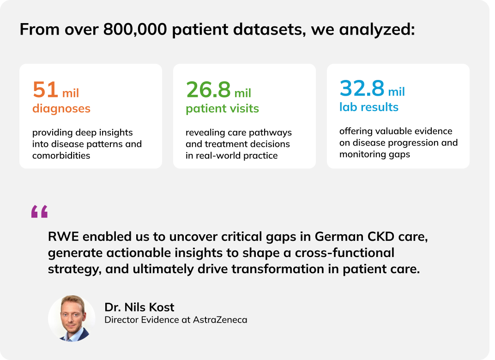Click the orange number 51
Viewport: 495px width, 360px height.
pyautogui.click(x=45, y=90)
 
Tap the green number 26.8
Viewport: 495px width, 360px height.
pyautogui.click(x=208, y=90)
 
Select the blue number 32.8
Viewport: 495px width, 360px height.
pyautogui.click(x=362, y=88)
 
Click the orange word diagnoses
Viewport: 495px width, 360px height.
pyautogui.click(x=61, y=109)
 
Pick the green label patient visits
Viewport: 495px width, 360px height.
pyautogui.click(x=222, y=109)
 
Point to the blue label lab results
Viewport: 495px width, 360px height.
pyautogui.click(x=368, y=107)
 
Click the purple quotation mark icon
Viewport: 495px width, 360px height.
pyautogui.click(x=39, y=212)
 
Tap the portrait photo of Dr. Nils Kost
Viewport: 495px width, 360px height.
pyautogui.click(x=72, y=318)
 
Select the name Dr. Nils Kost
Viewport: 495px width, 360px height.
pyautogui.click(x=139, y=307)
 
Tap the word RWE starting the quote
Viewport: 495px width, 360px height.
pyautogui.click(x=62, y=237)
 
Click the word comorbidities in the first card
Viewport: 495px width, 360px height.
pyautogui.click(x=61, y=155)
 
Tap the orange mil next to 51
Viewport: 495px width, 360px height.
pyautogui.click(x=71, y=93)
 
